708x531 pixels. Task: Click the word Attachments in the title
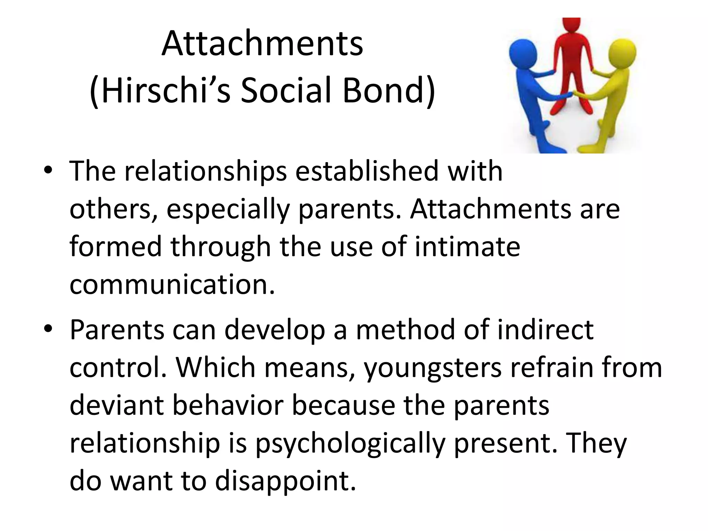[262, 44]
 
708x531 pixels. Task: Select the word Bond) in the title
[389, 91]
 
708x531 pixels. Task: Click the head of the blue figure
[523, 53]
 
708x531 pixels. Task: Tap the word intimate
[467, 247]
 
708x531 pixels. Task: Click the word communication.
[172, 285]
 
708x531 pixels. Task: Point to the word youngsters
[433, 368]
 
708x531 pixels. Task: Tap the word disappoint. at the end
[285, 481]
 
